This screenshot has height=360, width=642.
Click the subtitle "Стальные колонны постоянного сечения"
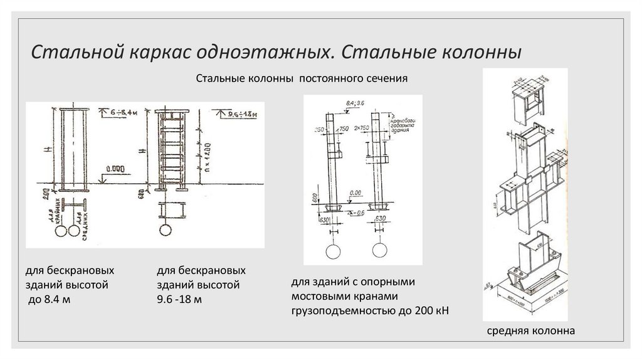pos(302,80)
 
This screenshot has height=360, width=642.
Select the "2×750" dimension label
pos(362,128)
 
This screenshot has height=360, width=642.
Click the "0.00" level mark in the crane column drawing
pos(356,193)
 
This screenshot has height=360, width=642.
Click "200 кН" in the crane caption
pos(435,310)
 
